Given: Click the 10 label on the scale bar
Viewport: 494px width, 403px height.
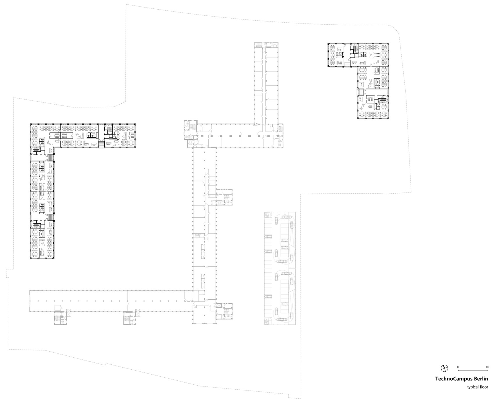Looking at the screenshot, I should (487, 367).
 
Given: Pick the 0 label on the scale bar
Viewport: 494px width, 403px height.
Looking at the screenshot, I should (458, 367).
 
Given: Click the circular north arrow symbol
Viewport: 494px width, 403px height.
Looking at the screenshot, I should (444, 368).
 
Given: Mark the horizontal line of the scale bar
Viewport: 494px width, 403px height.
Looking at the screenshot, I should (473, 370).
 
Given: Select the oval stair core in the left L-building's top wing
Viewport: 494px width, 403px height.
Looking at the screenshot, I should (110, 129).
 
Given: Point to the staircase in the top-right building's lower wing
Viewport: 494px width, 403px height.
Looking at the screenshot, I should (360, 92).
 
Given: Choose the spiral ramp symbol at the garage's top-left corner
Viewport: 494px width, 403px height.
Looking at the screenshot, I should (267, 215).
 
